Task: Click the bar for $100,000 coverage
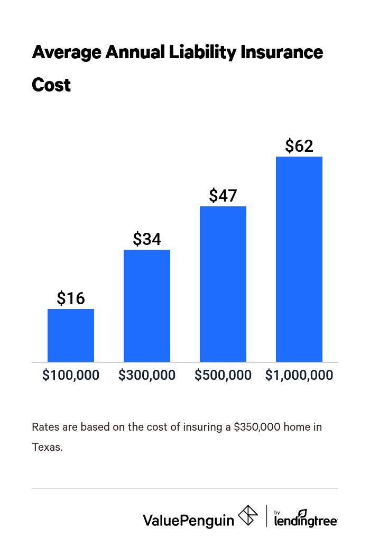coord(71,335)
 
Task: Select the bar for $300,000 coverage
coord(147,306)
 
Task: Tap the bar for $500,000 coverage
coord(223,284)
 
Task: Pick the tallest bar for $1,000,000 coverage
coord(299,259)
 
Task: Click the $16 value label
coord(71,298)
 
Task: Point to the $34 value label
coord(147,239)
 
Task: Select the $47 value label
coord(223,196)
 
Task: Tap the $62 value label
coord(299,146)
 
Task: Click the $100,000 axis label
coord(71,375)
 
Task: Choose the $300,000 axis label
coord(147,375)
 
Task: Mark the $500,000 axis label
coord(223,375)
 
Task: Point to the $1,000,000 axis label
coord(299,375)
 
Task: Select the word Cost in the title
coord(51,85)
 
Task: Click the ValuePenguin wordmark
coord(188,520)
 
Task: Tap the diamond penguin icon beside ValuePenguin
coord(248,516)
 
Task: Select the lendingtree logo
coord(306,518)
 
